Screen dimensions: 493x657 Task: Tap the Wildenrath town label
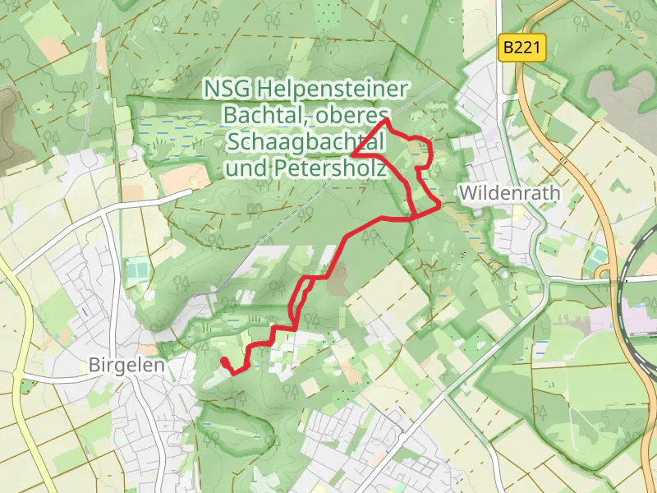[510, 193]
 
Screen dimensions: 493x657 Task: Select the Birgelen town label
[126, 365]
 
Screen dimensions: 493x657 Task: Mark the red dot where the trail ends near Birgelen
[224, 361]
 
